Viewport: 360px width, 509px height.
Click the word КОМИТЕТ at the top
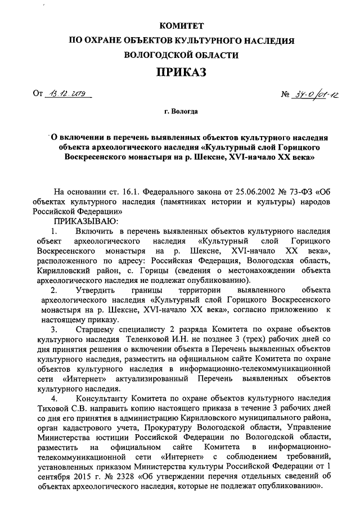click(x=181, y=26)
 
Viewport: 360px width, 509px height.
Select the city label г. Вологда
click(x=181, y=112)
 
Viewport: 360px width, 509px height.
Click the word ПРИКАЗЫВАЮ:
click(x=84, y=221)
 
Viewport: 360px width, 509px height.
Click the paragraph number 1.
click(x=54, y=231)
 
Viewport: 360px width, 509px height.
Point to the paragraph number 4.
click(x=54, y=398)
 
